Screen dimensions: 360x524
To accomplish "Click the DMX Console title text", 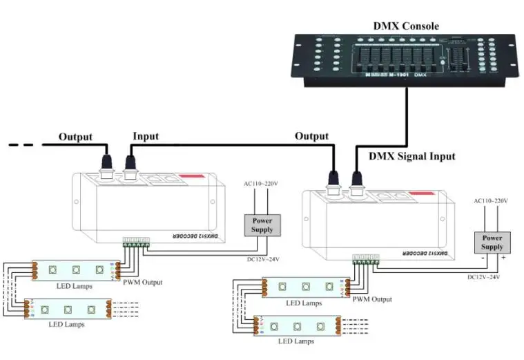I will [x=406, y=26].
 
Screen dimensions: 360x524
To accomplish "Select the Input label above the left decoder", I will [x=145, y=137].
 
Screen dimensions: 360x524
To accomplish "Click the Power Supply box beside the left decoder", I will [x=262, y=225].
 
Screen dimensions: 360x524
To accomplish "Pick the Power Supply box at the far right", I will [x=492, y=242].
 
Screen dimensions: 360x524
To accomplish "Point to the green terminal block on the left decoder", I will [x=136, y=242].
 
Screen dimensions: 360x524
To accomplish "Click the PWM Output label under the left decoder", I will [x=143, y=281].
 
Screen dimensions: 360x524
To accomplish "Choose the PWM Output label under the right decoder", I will [x=371, y=299].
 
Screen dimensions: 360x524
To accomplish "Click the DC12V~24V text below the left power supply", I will [x=264, y=259].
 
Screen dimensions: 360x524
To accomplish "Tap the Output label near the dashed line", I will [x=75, y=137].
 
